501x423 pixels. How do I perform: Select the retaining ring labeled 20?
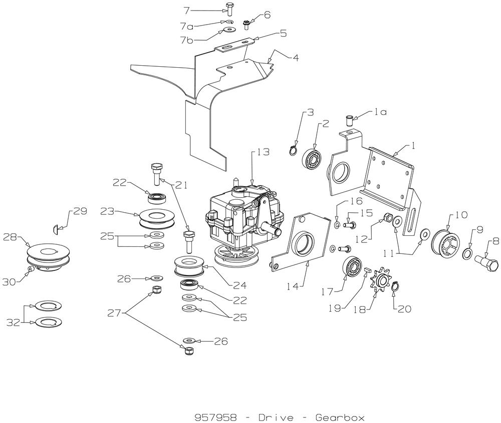click(395, 287)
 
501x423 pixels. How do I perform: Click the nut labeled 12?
click(387, 218)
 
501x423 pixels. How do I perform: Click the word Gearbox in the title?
click(340, 417)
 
